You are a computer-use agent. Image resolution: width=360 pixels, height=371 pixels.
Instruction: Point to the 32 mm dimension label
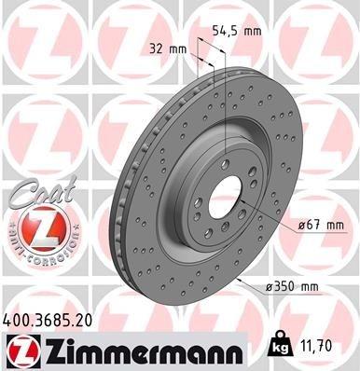point(169,48)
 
